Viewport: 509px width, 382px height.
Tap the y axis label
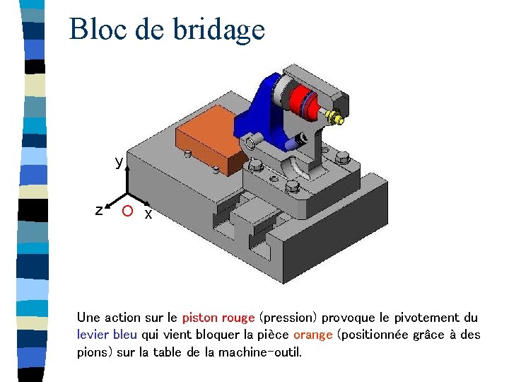tap(119, 162)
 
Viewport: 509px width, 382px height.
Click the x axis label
tap(148, 214)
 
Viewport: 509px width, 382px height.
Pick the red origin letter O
tap(126, 212)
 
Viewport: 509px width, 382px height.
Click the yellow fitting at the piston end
tap(337, 117)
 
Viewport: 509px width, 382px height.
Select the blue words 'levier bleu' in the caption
tap(107, 335)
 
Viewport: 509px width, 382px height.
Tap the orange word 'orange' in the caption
tap(312, 335)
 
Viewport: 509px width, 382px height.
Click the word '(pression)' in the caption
tap(286, 318)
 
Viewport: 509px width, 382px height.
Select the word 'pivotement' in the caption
tap(426, 318)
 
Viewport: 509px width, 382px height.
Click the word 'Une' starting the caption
tap(89, 318)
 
